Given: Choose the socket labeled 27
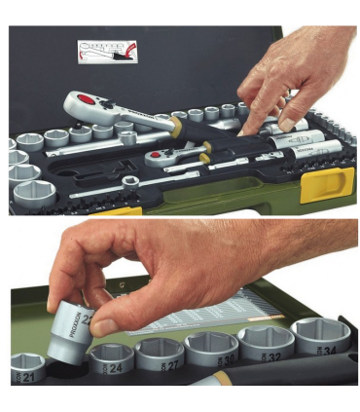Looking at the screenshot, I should [161, 355].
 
